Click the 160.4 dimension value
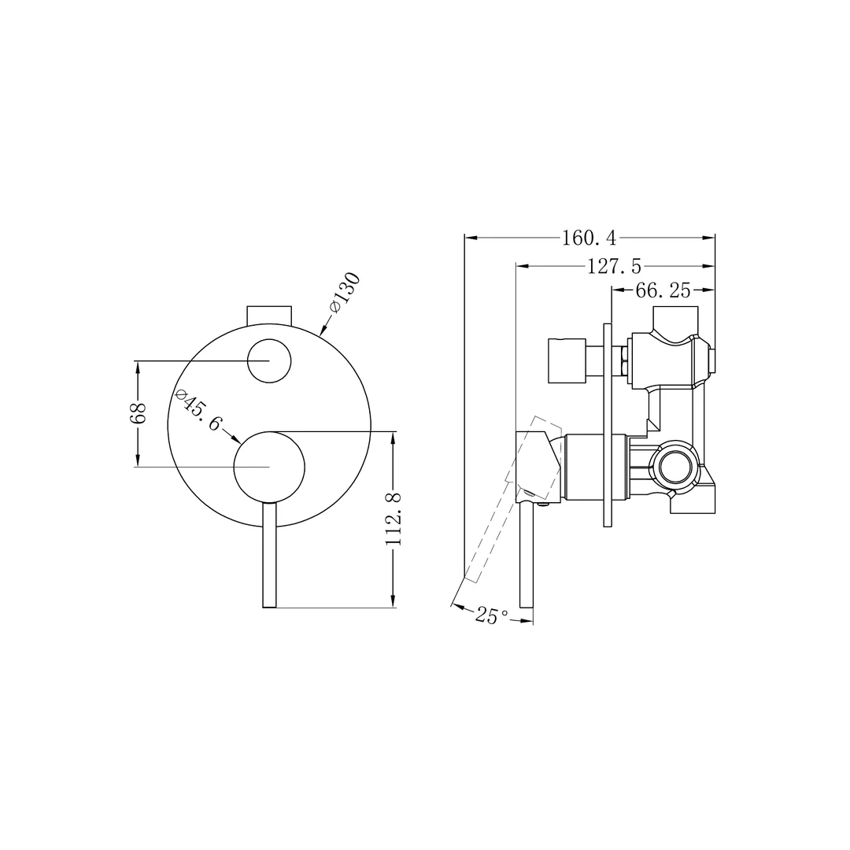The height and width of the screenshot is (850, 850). tap(589, 237)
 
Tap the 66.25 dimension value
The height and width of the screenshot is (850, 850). tap(663, 290)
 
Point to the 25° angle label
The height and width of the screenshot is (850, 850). tap(491, 615)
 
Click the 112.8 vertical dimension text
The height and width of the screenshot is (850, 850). tap(394, 519)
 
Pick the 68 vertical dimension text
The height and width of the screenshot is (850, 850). tap(138, 413)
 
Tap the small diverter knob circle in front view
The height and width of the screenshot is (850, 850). tap(269, 361)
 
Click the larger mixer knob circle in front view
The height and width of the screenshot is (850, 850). tap(269, 467)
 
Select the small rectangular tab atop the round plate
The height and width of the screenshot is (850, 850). tap(269, 314)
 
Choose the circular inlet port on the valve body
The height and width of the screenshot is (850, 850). tap(675, 468)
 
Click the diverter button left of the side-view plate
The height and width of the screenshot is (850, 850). tap(567, 361)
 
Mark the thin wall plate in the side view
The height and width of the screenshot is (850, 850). tap(607, 425)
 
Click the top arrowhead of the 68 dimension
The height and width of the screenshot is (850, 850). tap(138, 367)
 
